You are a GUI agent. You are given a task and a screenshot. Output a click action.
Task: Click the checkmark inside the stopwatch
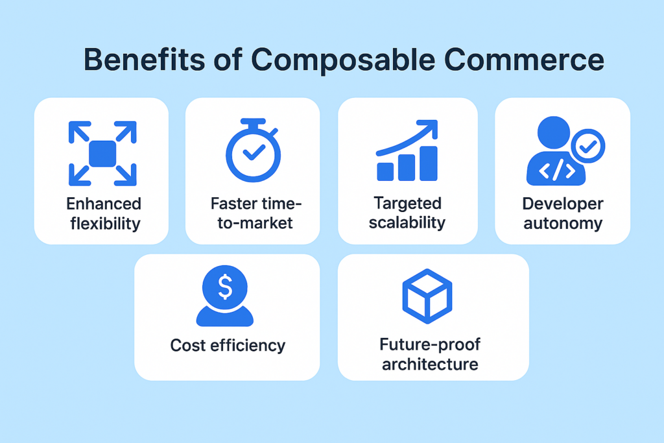coord(254,154)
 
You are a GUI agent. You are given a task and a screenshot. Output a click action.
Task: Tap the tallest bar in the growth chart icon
coord(428,163)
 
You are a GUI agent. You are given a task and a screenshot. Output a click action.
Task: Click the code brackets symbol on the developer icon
coord(556,170)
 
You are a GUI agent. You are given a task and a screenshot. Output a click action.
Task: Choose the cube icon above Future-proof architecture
coord(427,296)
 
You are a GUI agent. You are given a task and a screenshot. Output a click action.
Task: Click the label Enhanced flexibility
coord(103,213)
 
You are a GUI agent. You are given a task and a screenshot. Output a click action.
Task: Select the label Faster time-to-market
coord(254,213)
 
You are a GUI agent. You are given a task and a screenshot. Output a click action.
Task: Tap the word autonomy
coord(563,224)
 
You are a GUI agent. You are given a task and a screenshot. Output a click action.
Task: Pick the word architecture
coord(430,364)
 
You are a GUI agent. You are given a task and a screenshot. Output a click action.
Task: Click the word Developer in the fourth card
coord(563,204)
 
